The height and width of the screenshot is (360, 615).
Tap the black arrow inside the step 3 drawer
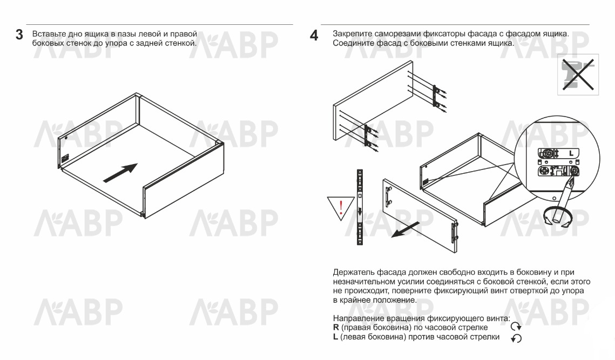coord(119,173)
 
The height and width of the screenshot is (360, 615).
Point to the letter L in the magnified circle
coord(571,153)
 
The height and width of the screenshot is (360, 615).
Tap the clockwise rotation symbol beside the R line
coord(517,326)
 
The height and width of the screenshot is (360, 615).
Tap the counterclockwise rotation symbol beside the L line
coord(517,338)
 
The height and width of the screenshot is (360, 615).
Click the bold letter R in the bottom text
coord(336,328)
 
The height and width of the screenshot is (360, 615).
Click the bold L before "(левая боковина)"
coord(335,337)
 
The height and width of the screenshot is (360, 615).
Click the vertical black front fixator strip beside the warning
coord(360,208)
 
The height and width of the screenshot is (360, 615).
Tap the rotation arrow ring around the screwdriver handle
coord(557,218)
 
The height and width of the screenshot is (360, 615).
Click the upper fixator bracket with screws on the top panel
coord(437,95)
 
